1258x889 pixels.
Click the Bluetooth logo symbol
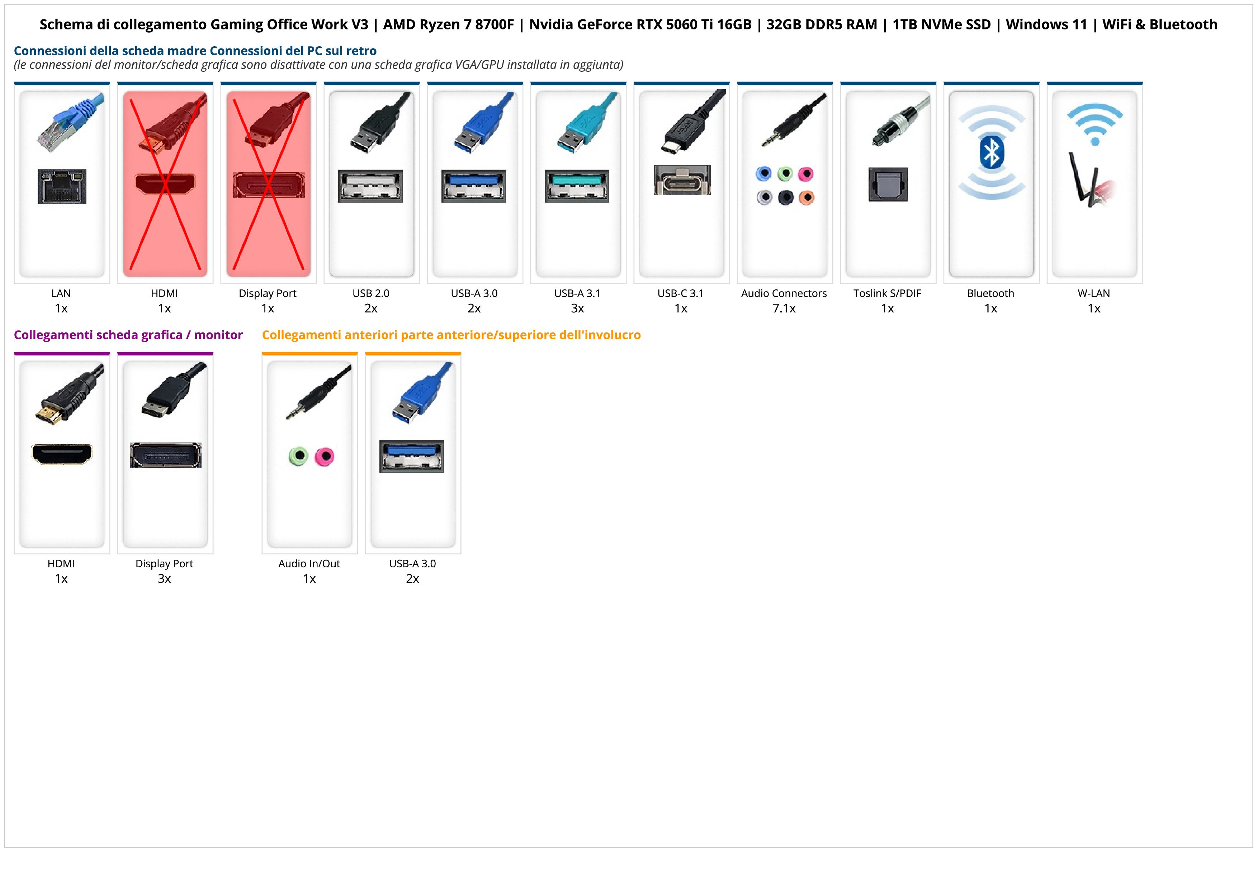click(x=991, y=153)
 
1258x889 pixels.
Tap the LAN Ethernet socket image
click(x=62, y=186)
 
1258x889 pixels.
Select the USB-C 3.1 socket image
click(x=682, y=180)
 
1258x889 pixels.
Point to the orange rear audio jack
click(x=806, y=197)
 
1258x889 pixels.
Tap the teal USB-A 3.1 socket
click(x=576, y=186)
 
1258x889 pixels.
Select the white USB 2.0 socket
click(x=370, y=186)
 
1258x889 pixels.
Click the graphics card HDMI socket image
click(x=62, y=454)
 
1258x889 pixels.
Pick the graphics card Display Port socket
click(x=165, y=455)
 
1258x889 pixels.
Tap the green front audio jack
click(x=298, y=456)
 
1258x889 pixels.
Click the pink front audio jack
click(x=325, y=456)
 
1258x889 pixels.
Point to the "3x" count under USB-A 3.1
click(x=577, y=308)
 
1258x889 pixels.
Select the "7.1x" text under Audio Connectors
click(x=784, y=308)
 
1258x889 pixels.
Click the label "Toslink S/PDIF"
click(x=887, y=293)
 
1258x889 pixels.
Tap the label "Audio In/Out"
click(x=309, y=564)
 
